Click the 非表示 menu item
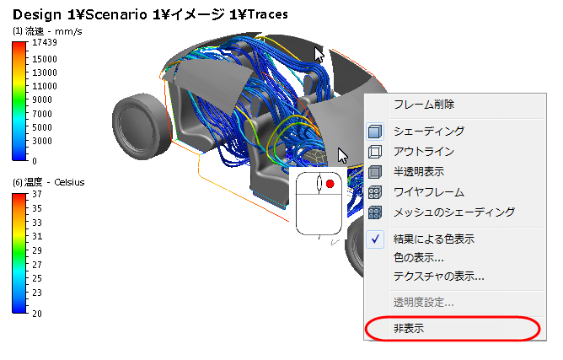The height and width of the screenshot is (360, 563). pyautogui.click(x=409, y=328)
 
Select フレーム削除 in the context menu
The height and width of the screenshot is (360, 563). pyautogui.click(x=423, y=105)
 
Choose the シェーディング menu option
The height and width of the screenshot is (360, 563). pyautogui.click(x=429, y=132)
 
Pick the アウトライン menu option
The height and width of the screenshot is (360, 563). pyautogui.click(x=424, y=152)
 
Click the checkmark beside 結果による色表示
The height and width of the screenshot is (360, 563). pyautogui.click(x=376, y=239)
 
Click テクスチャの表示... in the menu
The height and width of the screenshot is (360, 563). pyautogui.click(x=438, y=276)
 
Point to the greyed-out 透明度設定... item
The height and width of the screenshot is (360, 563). pyautogui.click(x=424, y=303)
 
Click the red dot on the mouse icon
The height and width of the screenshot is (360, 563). pyautogui.click(x=330, y=184)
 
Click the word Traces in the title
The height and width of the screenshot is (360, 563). pyautogui.click(x=263, y=15)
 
